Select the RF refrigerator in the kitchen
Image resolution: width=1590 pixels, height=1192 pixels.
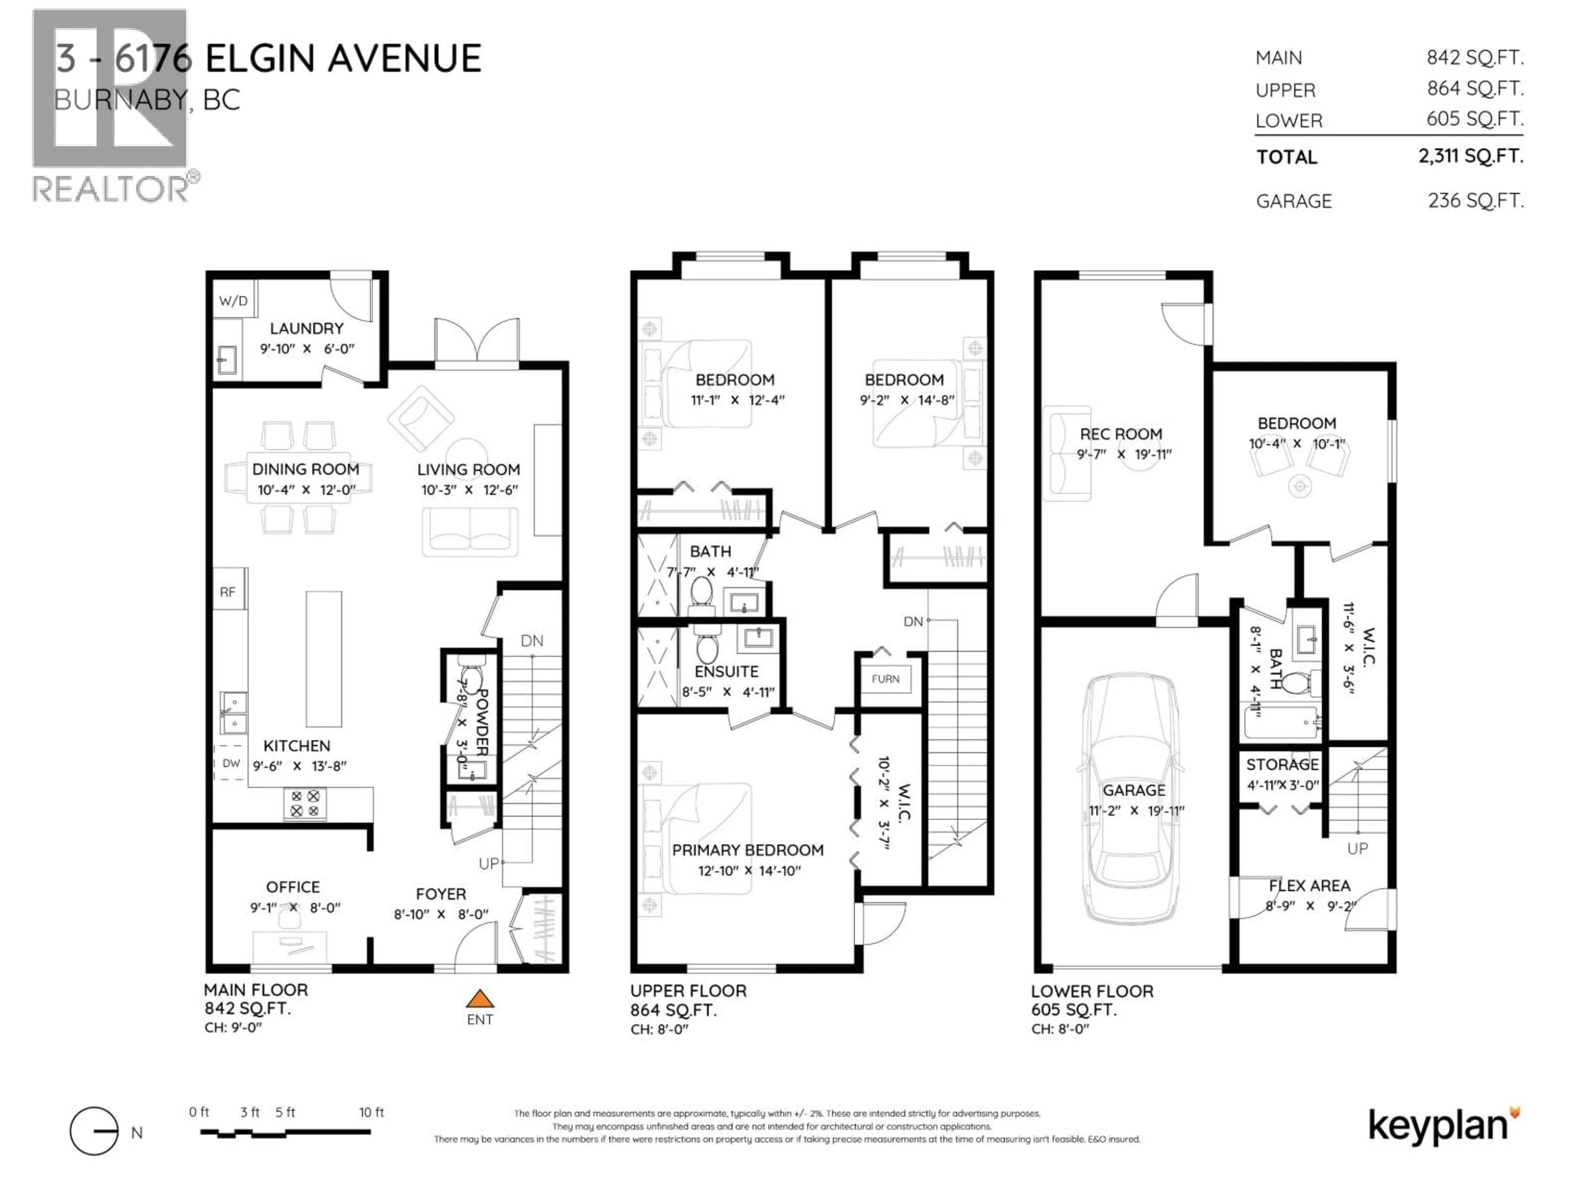pyautogui.click(x=228, y=592)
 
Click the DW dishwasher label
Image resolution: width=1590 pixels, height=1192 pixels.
pyautogui.click(x=231, y=763)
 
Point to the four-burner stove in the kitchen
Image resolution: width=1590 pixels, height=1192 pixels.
pyautogui.click(x=305, y=803)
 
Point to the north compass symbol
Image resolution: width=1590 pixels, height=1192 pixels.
pyautogui.click(x=94, y=1132)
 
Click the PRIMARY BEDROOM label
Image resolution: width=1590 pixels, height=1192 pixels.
pyautogui.click(x=747, y=850)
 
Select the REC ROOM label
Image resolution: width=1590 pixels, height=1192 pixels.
pyautogui.click(x=1120, y=434)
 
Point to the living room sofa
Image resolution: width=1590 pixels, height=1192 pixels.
pyautogui.click(x=470, y=532)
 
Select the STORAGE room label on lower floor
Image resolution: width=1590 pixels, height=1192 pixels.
pyautogui.click(x=1282, y=764)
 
